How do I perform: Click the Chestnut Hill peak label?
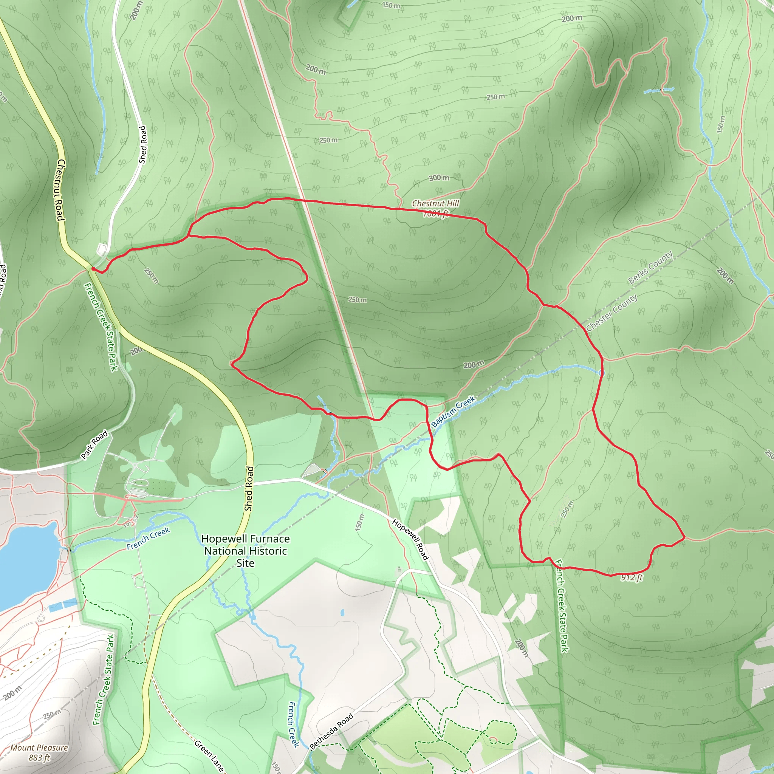[x=435, y=208]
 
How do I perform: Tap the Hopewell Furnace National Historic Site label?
[x=245, y=551]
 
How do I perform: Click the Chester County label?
[x=611, y=313]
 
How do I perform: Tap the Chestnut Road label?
[x=60, y=189]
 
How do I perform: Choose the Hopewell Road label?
[x=410, y=539]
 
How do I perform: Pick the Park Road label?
[x=94, y=444]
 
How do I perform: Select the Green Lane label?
[x=209, y=755]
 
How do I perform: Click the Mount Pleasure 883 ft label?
[x=39, y=752]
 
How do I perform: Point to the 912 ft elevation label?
[x=632, y=577]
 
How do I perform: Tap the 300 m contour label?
[x=439, y=178]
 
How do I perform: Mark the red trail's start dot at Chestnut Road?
[x=93, y=268]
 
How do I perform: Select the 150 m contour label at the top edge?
[x=391, y=5]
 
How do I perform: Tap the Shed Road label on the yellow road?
[x=249, y=488]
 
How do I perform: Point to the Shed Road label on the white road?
[x=142, y=145]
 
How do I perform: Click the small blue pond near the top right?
[x=659, y=91]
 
